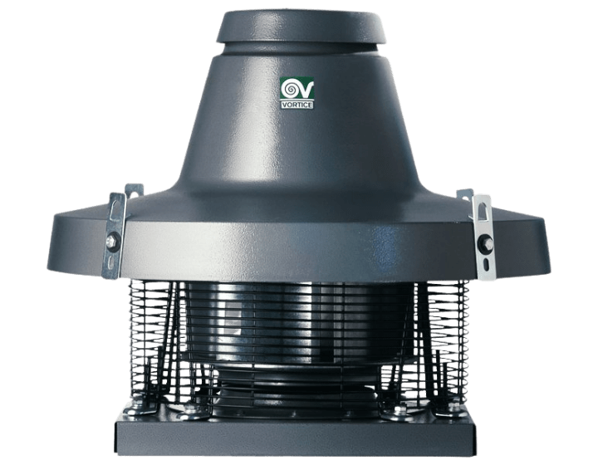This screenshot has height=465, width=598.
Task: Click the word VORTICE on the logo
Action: tap(297, 105)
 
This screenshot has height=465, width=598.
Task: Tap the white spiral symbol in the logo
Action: tap(290, 89)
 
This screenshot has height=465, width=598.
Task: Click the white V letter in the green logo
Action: tap(306, 90)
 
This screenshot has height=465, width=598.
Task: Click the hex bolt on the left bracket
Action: tap(111, 240)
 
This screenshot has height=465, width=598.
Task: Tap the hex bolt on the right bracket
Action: tap(488, 242)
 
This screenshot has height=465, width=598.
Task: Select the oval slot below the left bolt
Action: tap(110, 262)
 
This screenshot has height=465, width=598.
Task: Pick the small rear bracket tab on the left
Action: tap(134, 191)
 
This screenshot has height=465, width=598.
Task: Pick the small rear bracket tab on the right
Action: tap(464, 194)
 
